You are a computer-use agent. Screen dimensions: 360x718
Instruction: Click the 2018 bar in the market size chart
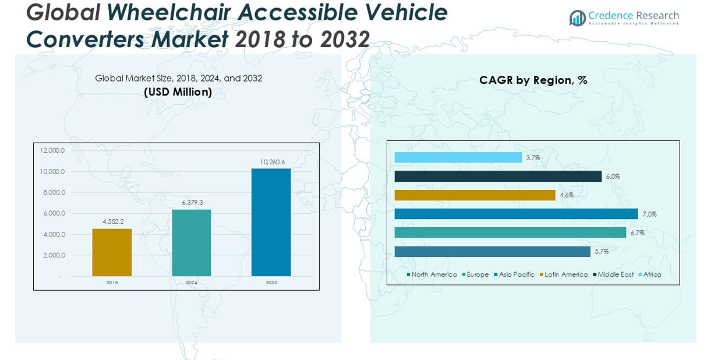112,252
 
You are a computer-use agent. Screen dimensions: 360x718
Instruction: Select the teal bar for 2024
192,243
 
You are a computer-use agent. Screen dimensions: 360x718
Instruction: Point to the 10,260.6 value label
271,162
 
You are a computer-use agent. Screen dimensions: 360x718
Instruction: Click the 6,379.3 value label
192,203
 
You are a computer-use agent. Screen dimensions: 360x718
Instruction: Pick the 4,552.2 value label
113,222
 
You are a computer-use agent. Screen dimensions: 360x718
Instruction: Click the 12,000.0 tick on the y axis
52,150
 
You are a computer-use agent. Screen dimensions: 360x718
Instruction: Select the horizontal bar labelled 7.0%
516,214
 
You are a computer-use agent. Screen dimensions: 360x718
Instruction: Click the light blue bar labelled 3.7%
458,157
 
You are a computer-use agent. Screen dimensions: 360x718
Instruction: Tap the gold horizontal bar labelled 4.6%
475,195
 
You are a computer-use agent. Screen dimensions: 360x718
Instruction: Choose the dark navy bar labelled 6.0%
498,176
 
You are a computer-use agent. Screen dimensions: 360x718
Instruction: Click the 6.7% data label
637,233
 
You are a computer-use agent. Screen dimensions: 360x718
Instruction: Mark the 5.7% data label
602,252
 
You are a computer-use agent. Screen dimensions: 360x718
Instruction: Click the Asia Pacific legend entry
516,274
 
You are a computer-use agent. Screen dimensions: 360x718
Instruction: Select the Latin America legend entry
565,274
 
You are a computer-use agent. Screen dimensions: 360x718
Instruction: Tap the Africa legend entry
652,274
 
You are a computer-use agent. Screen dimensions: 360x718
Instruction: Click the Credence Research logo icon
577,18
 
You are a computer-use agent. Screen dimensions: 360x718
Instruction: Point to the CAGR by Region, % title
533,80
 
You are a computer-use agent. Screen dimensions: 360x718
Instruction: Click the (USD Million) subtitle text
178,92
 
